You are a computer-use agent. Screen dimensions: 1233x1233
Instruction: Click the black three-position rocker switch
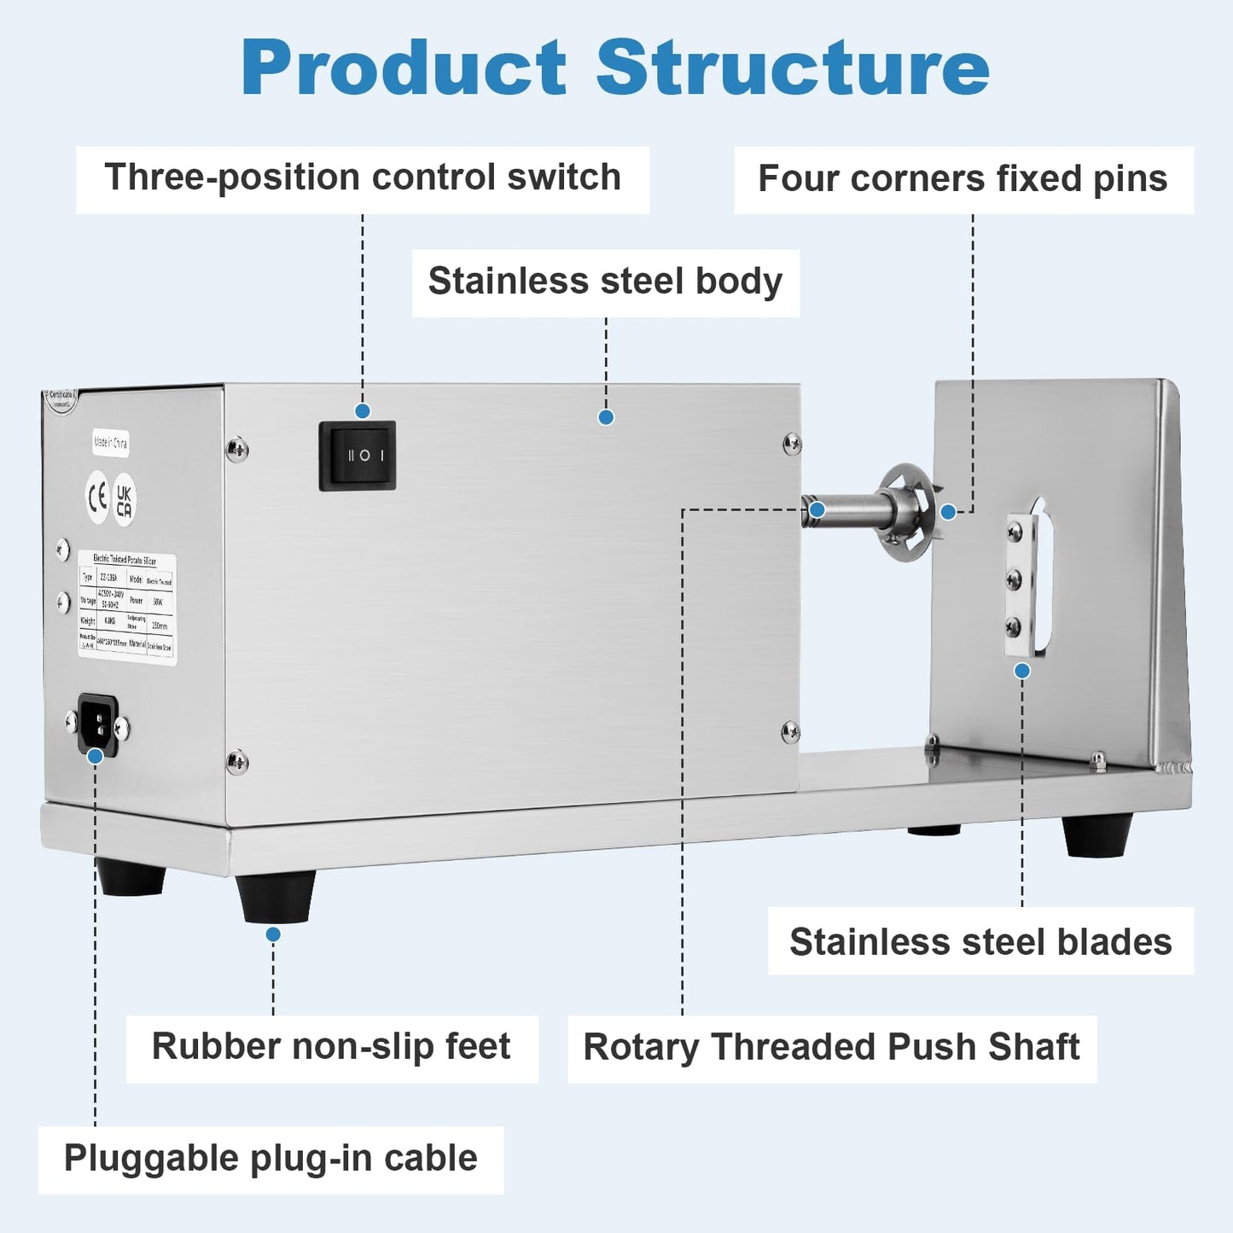pos(357,456)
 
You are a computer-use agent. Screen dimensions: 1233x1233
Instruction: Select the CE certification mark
pos(97,497)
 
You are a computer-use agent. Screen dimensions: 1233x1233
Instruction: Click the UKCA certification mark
pos(125,500)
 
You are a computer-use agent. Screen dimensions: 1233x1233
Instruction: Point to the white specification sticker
pos(127,607)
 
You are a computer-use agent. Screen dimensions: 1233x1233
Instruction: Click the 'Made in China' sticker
pos(110,443)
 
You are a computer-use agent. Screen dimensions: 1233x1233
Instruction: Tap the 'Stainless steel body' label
pos(605,282)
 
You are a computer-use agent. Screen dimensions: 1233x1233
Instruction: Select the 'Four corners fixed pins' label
pos(963,179)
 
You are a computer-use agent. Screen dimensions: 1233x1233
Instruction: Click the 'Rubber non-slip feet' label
pos(331,1047)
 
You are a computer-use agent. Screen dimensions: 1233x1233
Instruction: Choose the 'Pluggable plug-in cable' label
pos(270,1159)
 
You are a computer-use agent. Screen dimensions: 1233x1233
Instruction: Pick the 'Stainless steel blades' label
pos(980,942)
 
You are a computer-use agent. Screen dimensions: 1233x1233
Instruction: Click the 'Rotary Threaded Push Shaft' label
pos(831,1048)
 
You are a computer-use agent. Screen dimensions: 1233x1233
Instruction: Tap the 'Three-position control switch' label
pos(363,178)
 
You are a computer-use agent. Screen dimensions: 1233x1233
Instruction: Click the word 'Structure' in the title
pos(792,68)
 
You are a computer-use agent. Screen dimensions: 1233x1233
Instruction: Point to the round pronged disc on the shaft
pos(906,512)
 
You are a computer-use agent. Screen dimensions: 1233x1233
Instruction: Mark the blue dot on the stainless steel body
pos(606,417)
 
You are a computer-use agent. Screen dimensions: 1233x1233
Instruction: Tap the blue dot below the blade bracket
pos(1022,672)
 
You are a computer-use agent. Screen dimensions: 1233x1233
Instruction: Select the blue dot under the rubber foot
pos(273,934)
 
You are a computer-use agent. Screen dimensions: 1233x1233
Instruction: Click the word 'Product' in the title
pos(404,68)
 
